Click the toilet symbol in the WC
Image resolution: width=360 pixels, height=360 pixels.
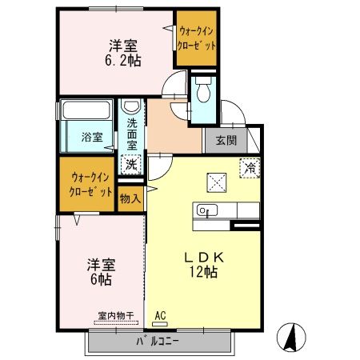203,90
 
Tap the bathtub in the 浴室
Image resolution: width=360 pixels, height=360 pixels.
86,110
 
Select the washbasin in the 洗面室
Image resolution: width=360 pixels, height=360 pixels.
131,106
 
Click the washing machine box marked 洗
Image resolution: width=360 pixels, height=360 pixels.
131,165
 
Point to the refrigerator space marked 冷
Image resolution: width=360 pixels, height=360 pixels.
250,168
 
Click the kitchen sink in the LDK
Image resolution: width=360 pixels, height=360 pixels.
207,210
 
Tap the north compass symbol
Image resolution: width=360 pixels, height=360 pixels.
291,337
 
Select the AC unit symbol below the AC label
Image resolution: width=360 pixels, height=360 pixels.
160,324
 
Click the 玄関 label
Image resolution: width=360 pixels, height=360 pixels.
226,141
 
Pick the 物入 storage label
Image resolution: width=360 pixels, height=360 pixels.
130,198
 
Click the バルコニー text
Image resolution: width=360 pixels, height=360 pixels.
158,341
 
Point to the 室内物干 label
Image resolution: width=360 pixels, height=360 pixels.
116,316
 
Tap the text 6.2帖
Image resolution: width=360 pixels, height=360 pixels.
123,61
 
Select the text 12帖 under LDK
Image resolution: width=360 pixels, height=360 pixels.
203,272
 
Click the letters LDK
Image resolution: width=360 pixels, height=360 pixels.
204,258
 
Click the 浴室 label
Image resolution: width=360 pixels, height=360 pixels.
92,138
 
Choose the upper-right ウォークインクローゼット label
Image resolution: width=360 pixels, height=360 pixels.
197,38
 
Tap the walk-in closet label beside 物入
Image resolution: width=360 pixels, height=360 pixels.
90,185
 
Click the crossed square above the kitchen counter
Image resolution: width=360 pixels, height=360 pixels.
217,182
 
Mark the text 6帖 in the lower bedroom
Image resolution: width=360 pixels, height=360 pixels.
101,279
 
